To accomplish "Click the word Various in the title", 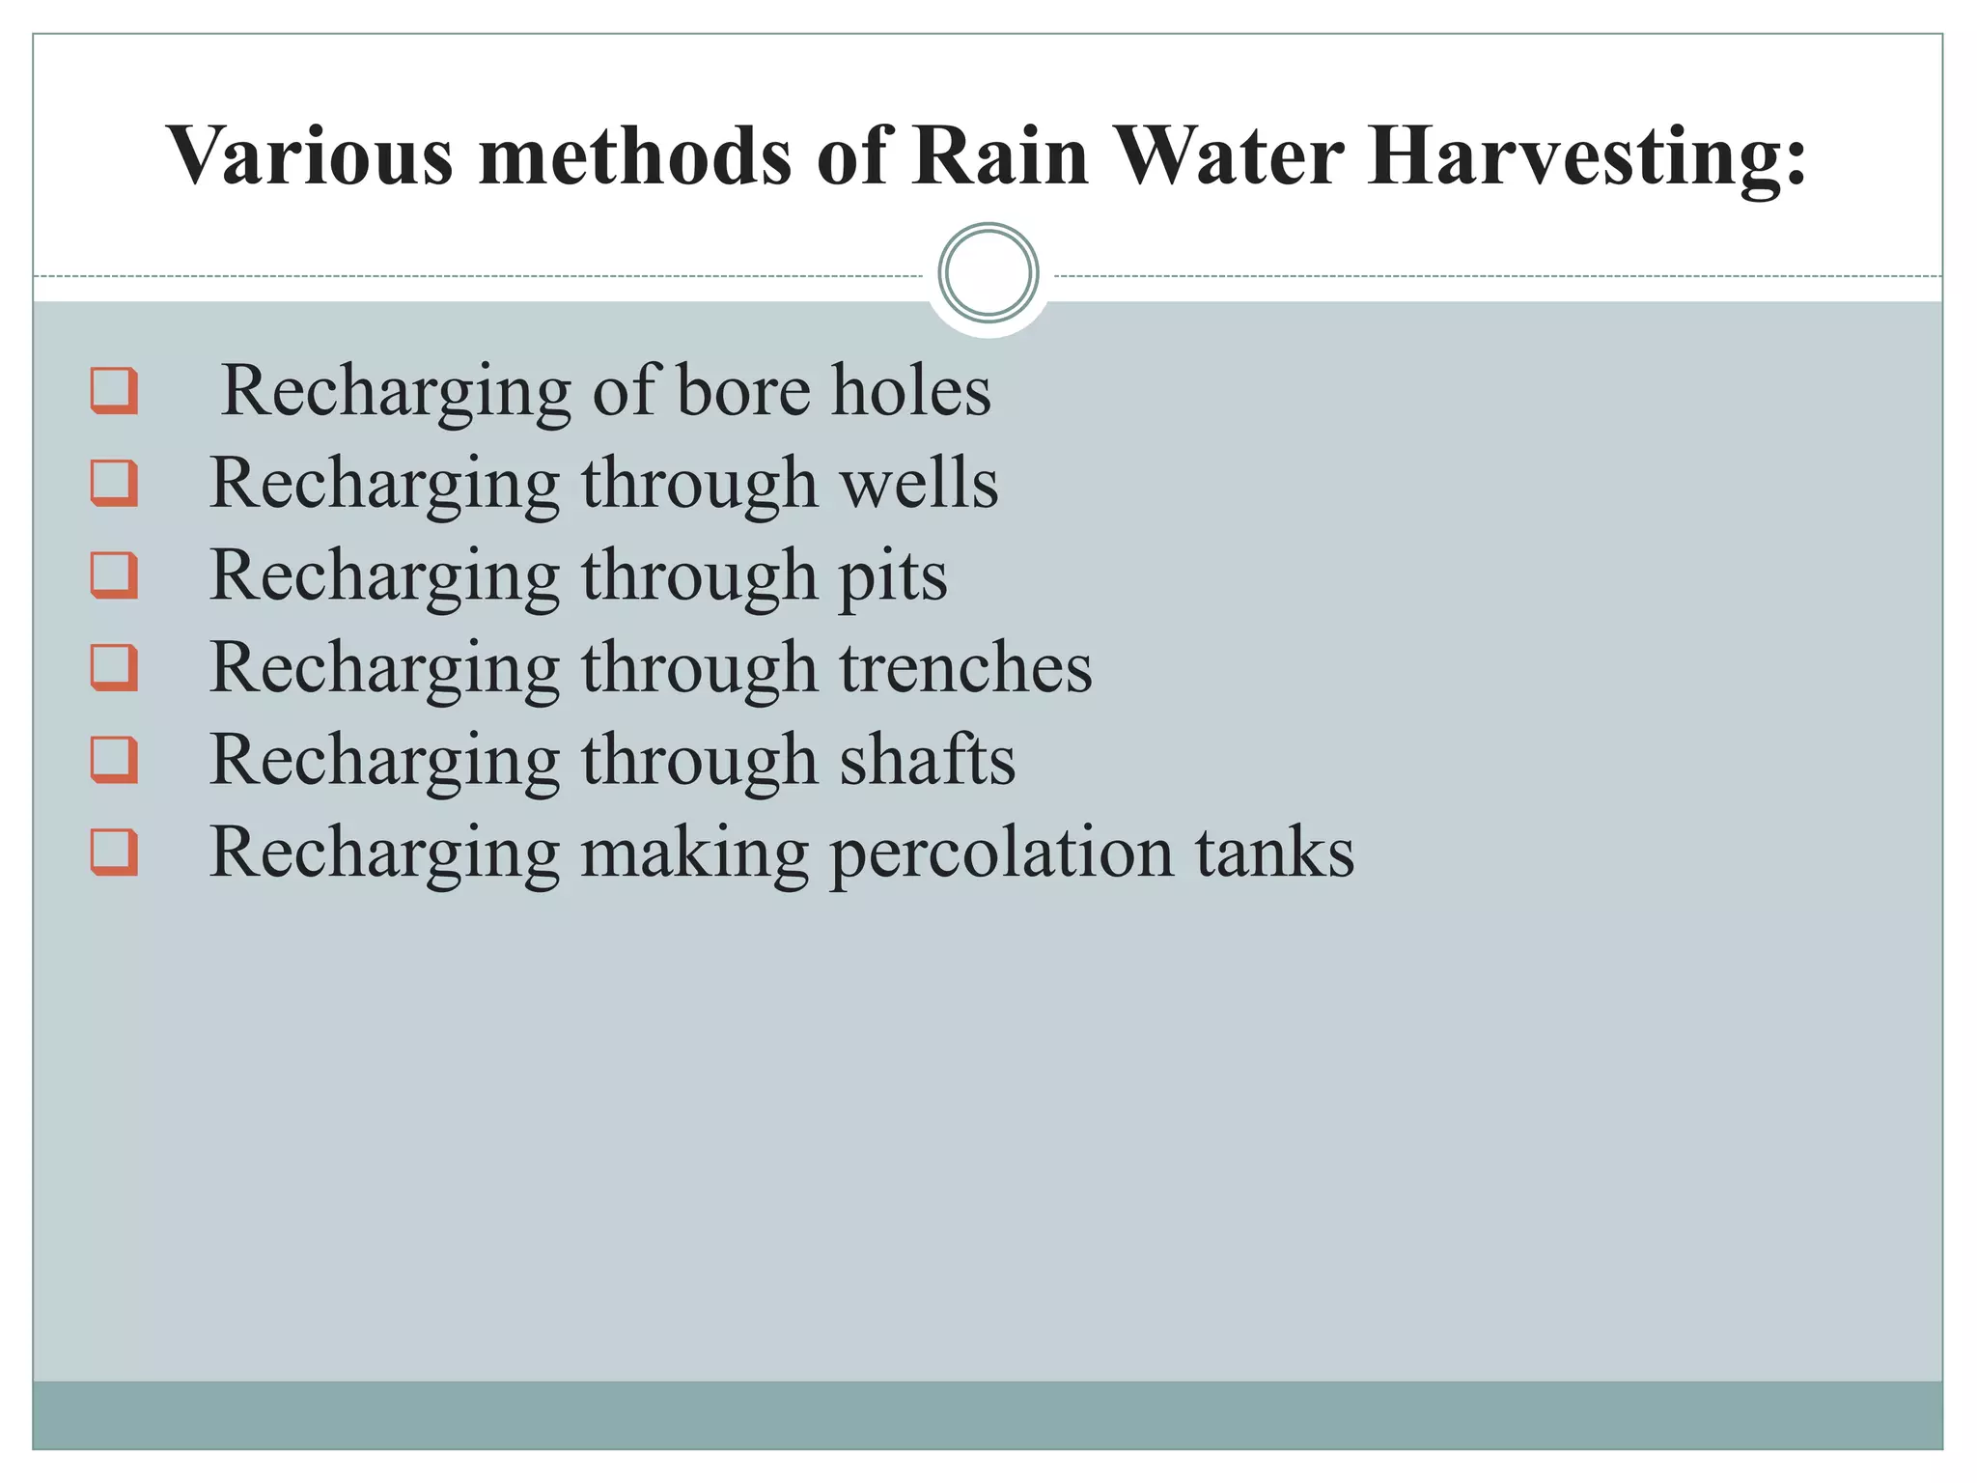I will [310, 155].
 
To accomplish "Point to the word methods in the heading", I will [635, 155].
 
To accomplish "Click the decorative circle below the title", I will [988, 273].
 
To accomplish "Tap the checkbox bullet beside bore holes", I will [114, 390].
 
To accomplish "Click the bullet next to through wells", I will [114, 483].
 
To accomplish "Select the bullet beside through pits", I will [114, 574].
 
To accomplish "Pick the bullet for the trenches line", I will [114, 667].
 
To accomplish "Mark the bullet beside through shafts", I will [114, 759].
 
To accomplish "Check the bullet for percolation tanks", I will [114, 852].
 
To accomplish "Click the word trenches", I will [965, 667].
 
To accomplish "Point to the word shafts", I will [927, 759].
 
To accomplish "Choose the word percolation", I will [1001, 853].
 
